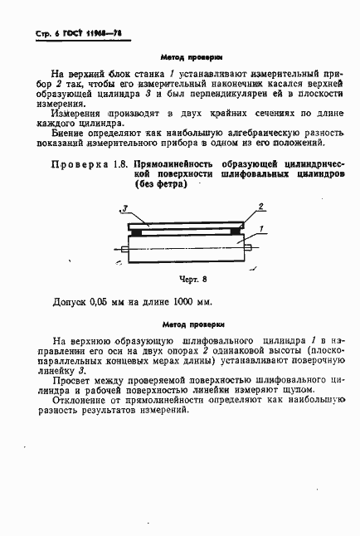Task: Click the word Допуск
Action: click(x=70, y=302)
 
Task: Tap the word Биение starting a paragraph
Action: click(x=70, y=132)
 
